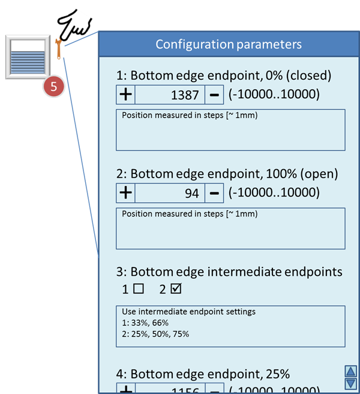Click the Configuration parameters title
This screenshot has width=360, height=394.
point(229,44)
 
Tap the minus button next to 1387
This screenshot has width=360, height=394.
point(214,94)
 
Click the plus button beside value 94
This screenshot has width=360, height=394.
point(125,193)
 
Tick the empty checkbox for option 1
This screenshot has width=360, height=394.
point(139,288)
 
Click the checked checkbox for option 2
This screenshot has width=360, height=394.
point(176,288)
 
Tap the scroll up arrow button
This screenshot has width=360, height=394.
point(351,371)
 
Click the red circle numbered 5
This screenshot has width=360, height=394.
point(53,86)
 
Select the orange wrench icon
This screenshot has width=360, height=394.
point(58,49)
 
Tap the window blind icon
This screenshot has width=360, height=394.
point(27,57)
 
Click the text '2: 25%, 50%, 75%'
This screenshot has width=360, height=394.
point(155,333)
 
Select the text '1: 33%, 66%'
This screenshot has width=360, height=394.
point(142,323)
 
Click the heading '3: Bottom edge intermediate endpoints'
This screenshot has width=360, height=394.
point(230,272)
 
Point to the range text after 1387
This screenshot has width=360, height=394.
point(274,94)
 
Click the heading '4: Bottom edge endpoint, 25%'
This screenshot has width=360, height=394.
point(203,374)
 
